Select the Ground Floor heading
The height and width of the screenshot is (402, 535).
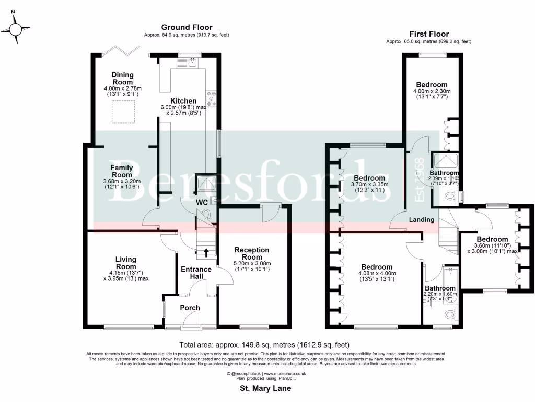click(x=187, y=27)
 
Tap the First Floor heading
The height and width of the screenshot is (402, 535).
click(x=428, y=33)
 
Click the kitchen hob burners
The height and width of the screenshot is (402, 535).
click(x=213, y=99)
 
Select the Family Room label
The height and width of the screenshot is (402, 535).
click(x=121, y=171)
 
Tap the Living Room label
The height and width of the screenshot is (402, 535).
click(x=126, y=263)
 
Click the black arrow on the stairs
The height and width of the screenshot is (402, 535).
click(x=206, y=252)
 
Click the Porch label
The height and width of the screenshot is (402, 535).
click(x=190, y=307)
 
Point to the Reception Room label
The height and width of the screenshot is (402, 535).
click(x=252, y=253)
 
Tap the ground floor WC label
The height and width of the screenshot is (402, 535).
click(x=202, y=202)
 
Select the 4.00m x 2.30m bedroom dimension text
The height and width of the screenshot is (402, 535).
click(x=432, y=92)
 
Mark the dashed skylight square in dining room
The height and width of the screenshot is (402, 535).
click(x=123, y=111)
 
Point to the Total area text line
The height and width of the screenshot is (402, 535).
click(x=264, y=345)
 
